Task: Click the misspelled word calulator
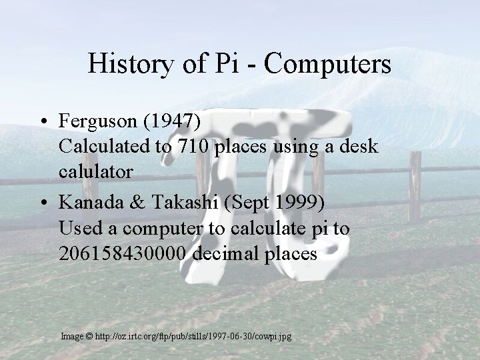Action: tap(96, 171)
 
